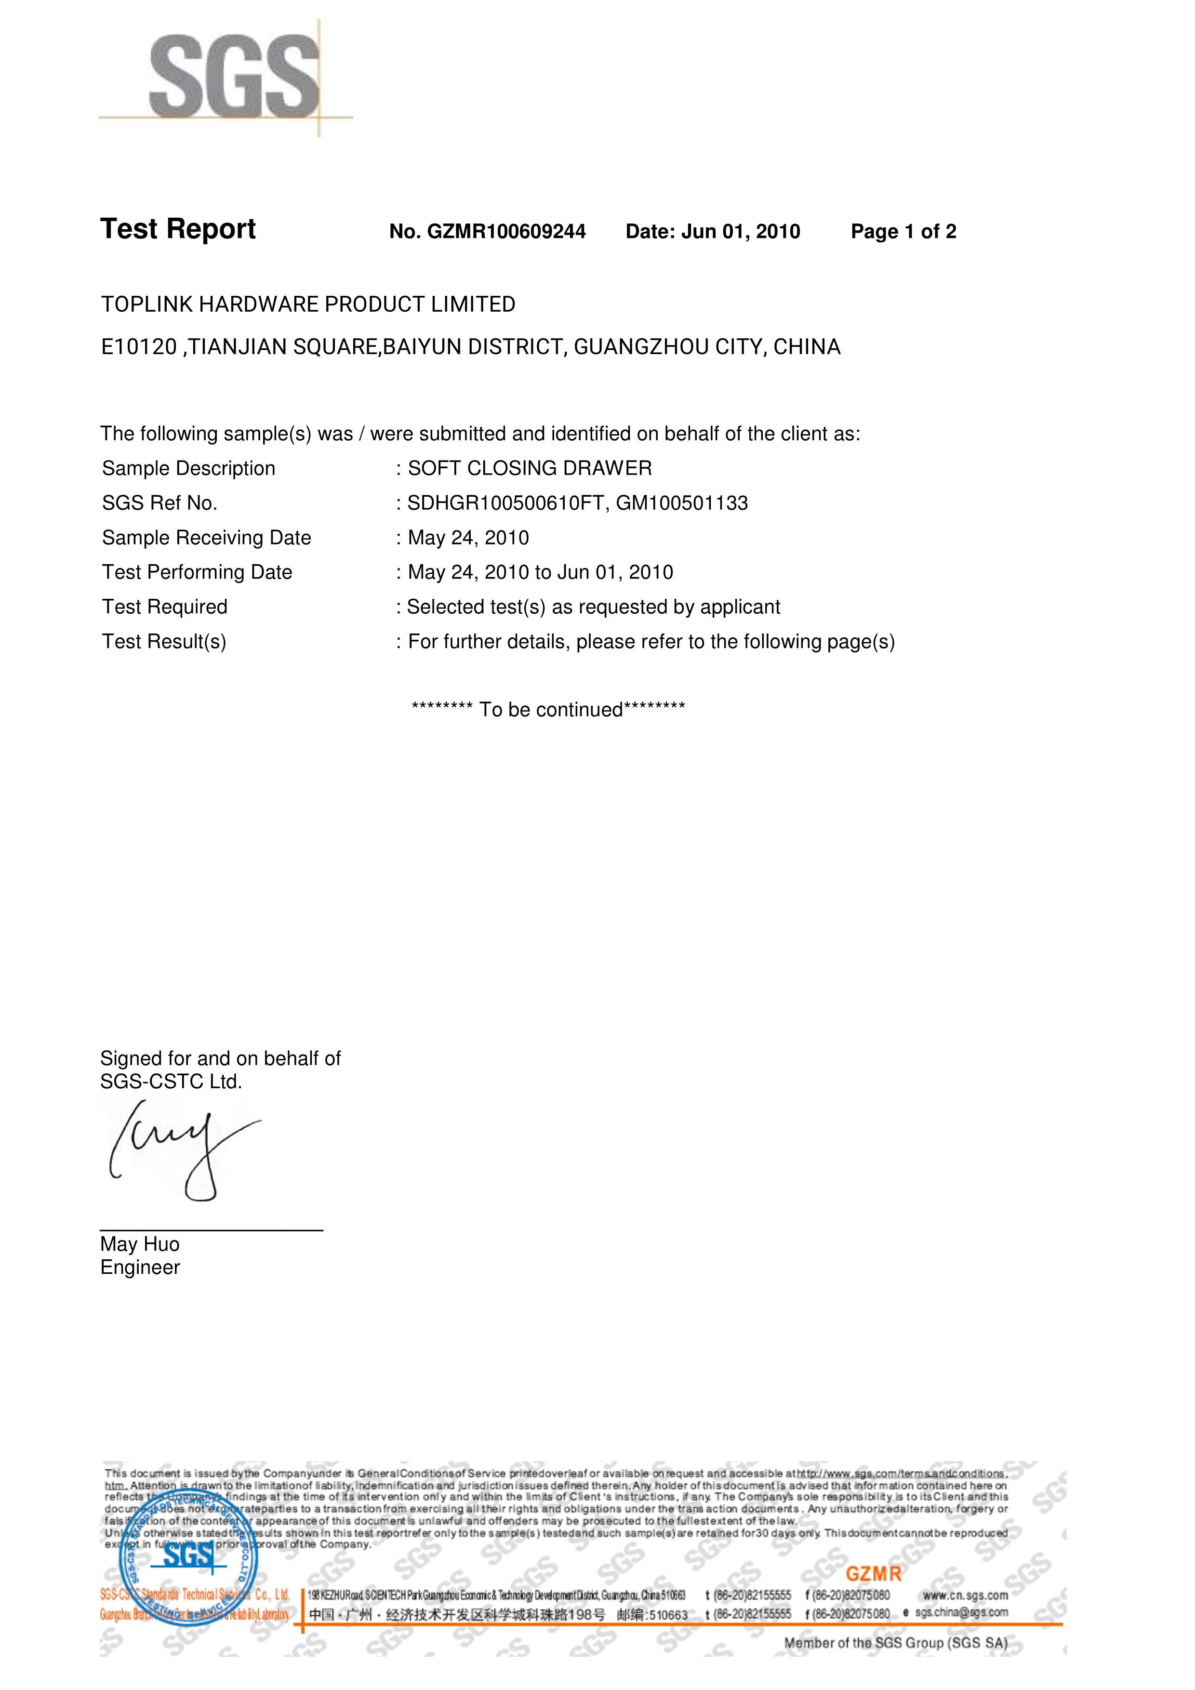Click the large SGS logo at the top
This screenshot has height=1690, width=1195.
click(234, 77)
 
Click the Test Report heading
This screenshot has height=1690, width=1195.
click(178, 230)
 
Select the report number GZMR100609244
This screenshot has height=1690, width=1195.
click(506, 232)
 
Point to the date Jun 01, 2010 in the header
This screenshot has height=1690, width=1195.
click(740, 232)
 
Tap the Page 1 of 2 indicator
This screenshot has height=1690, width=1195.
click(903, 232)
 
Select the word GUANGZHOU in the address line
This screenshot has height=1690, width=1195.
click(640, 347)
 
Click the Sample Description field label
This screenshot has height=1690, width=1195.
click(188, 468)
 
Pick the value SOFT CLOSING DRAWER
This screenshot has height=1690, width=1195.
click(530, 468)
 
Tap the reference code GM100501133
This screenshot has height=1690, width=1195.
click(682, 503)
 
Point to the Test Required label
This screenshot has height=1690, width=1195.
click(165, 607)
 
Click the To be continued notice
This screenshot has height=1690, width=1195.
click(548, 710)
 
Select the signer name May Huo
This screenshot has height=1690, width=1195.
click(140, 1244)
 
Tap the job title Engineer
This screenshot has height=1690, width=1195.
click(140, 1267)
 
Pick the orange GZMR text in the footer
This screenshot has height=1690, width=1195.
click(873, 1574)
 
